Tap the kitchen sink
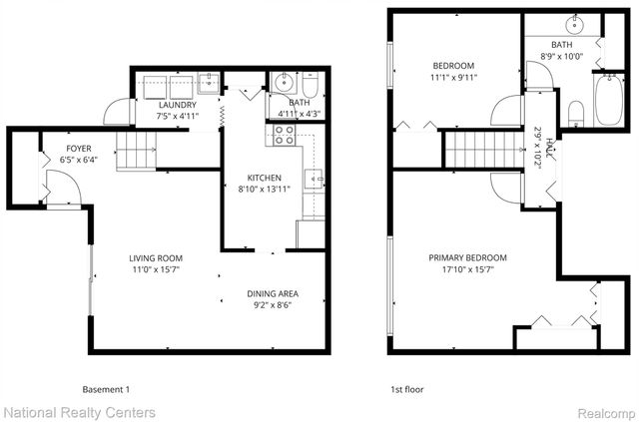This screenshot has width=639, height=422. click(314, 179)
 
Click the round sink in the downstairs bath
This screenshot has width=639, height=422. click(283, 82)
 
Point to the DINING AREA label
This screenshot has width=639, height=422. click(274, 293)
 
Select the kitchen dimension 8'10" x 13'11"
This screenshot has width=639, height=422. click(266, 190)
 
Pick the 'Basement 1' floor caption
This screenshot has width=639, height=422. click(105, 389)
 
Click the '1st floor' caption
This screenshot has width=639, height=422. click(409, 389)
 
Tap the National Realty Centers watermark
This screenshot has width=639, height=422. click(79, 411)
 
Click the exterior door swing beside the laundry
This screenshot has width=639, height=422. click(117, 110)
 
